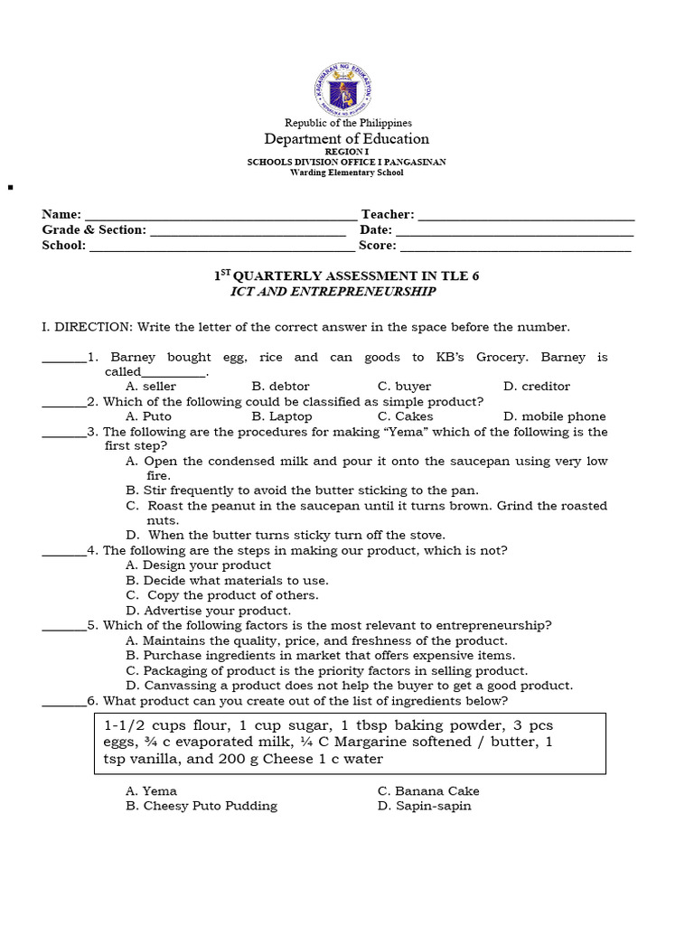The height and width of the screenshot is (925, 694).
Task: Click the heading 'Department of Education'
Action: (x=346, y=138)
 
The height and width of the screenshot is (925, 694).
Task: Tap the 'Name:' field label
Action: (x=61, y=214)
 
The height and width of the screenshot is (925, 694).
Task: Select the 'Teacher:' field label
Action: (x=388, y=214)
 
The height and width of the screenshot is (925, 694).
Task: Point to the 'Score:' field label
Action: (x=377, y=245)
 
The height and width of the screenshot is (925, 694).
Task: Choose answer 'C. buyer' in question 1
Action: (x=404, y=386)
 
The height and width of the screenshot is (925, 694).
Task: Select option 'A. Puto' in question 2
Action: (x=148, y=416)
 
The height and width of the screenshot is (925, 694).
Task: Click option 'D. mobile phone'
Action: (x=554, y=416)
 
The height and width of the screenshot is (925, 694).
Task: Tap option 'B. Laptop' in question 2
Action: (x=282, y=416)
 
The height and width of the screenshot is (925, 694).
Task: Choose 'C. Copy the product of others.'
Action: (x=222, y=595)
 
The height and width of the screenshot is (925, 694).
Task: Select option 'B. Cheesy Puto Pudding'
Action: (x=202, y=806)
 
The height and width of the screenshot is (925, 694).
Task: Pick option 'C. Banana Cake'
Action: (x=428, y=790)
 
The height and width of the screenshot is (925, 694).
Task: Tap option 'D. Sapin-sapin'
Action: (x=424, y=806)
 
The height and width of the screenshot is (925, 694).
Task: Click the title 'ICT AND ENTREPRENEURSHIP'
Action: (x=333, y=292)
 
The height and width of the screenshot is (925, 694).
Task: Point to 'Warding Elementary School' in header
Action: (x=346, y=172)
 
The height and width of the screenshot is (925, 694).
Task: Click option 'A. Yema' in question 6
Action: (x=151, y=790)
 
